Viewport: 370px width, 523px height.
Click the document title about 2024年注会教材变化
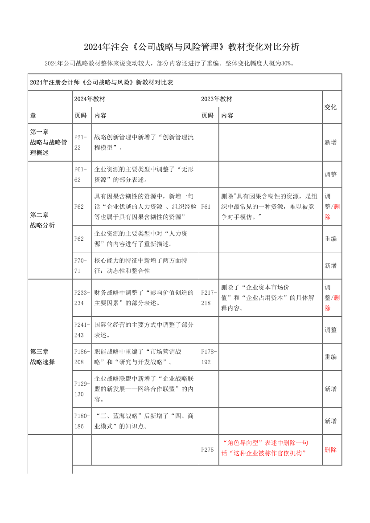click(191, 47)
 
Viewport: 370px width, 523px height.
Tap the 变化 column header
click(331, 107)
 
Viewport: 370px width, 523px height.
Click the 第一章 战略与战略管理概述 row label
click(49, 142)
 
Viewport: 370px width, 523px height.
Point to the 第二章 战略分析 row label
click(43, 220)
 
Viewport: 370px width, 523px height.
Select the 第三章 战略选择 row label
click(43, 357)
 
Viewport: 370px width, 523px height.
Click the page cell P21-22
click(81, 142)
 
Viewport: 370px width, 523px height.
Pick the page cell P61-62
click(81, 174)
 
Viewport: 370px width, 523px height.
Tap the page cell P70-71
click(81, 265)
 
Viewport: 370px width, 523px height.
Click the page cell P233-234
click(82, 298)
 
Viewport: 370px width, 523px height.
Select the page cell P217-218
click(208, 298)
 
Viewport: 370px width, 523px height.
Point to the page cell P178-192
click(208, 357)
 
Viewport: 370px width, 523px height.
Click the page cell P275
click(208, 450)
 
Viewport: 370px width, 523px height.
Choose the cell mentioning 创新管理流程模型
click(144, 142)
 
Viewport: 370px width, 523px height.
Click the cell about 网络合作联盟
click(144, 389)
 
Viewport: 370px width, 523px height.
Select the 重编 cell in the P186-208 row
click(331, 357)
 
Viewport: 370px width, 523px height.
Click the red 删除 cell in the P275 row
click(331, 450)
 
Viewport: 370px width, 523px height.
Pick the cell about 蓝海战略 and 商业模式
click(144, 421)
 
